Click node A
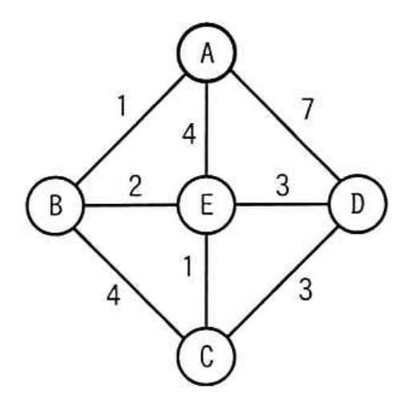207,53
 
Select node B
55,206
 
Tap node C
206,357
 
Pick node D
358,204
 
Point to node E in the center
206,205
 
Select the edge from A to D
285,125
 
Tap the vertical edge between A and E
207,129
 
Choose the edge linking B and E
131,206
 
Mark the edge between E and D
282,205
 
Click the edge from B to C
128,283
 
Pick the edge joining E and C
206,281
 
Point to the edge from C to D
283,281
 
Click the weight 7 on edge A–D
308,108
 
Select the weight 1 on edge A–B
122,105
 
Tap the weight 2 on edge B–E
136,186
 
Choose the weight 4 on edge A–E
189,134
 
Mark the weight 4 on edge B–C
113,295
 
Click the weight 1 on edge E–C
188,266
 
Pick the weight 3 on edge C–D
306,289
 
